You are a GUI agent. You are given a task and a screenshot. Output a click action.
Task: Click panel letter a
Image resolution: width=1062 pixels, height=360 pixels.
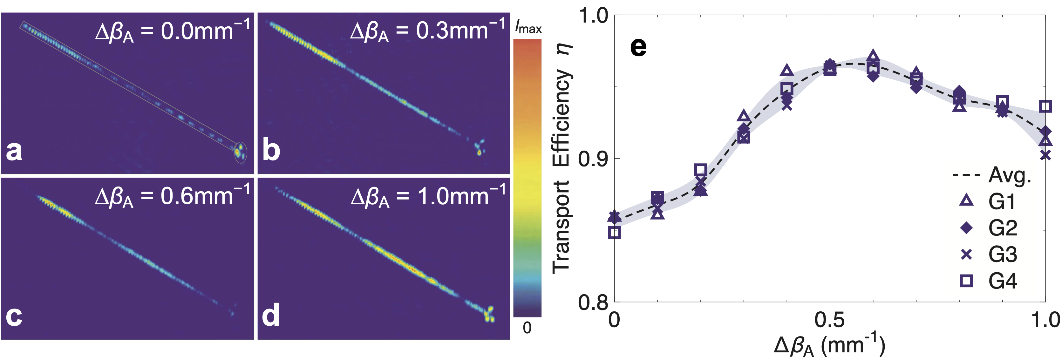point(14,150)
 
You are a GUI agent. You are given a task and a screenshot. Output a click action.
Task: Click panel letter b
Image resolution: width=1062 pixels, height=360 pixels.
point(271,150)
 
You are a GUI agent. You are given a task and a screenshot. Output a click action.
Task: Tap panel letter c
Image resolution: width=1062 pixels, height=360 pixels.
point(14,316)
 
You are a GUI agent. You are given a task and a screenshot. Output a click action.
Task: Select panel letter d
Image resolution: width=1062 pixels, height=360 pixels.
point(271,316)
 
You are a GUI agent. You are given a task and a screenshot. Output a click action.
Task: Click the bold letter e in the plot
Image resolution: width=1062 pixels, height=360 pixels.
point(638,47)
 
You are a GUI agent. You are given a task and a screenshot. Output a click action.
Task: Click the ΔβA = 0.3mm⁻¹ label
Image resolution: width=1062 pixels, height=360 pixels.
point(427,31)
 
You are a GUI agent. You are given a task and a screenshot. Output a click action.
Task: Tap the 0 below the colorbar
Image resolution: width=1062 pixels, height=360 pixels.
point(527,328)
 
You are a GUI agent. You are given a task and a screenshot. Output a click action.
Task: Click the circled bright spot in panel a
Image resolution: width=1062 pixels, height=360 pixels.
point(240,153)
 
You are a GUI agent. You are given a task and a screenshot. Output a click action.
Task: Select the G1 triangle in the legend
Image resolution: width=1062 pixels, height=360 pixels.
point(966,201)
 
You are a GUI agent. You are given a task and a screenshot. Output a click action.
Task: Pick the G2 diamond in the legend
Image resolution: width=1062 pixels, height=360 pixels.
point(966,228)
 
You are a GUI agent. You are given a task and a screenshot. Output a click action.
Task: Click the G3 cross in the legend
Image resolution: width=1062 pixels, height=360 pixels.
point(966,255)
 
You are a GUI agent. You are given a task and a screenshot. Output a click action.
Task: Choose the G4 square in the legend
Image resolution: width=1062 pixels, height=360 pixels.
point(966,281)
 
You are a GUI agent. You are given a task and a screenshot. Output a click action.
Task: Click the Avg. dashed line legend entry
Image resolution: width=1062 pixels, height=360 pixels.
point(966,175)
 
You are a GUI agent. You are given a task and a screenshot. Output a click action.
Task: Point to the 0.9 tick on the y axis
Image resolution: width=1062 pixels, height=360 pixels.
point(593,159)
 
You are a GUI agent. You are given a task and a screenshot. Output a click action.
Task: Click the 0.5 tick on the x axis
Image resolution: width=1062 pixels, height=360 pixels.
point(829,320)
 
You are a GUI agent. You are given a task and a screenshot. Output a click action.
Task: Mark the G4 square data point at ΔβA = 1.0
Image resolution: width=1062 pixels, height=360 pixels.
point(1045,106)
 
